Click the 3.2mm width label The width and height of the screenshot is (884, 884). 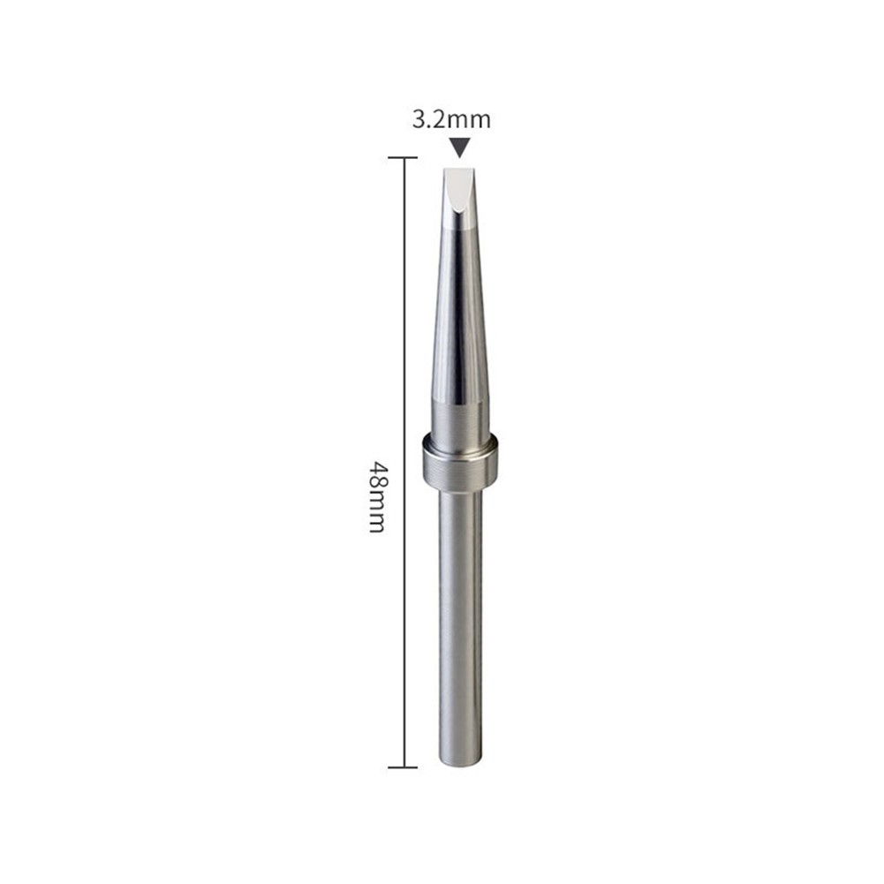coord(450,119)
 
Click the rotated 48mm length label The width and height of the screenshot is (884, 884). coord(377,495)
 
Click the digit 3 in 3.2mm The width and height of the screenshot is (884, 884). coord(419,119)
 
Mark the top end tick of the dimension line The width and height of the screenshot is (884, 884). coord(403,158)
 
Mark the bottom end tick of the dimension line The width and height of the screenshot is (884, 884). coord(403,767)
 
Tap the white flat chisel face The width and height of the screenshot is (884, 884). coord(458,190)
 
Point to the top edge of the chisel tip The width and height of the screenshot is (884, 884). coord(459,168)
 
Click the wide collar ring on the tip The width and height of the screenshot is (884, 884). coord(460,462)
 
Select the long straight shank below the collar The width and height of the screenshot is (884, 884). coord(460,618)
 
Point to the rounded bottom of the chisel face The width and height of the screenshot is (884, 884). coord(458,215)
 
